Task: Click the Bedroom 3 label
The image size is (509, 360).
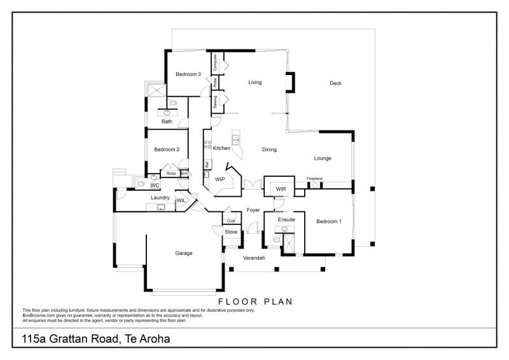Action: tap(188, 74)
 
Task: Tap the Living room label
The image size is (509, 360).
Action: tap(255, 82)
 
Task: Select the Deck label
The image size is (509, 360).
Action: tap(335, 83)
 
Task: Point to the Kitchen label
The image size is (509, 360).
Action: tap(221, 148)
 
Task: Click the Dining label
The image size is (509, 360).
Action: tap(269, 150)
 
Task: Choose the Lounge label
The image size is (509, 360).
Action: tap(323, 158)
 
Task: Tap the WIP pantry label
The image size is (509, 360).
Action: tap(220, 179)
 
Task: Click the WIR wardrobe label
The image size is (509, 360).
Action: tap(281, 190)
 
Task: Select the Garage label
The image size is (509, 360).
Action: tap(184, 253)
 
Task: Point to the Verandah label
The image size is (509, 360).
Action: tap(254, 258)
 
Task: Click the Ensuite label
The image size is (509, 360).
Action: tap(286, 219)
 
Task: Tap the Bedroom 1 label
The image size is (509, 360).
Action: tap(329, 221)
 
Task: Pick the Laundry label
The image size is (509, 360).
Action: tap(160, 198)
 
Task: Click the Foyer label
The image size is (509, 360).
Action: tap(253, 209)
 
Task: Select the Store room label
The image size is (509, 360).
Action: tap(232, 232)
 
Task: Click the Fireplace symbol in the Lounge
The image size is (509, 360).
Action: tap(314, 185)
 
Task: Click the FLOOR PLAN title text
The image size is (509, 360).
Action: tap(255, 302)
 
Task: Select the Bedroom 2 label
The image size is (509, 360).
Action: tap(167, 149)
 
